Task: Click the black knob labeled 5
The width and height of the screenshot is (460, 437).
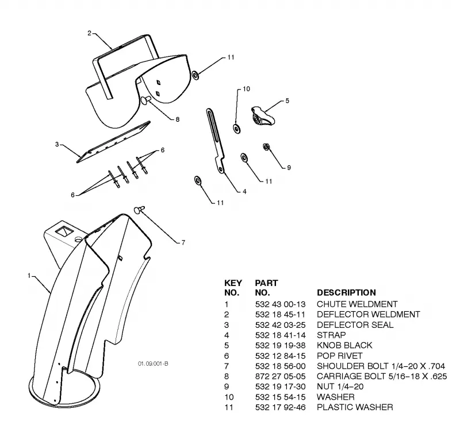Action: [263, 116]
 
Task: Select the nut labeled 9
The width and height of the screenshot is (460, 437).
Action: [266, 146]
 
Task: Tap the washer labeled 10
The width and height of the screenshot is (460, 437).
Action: [237, 129]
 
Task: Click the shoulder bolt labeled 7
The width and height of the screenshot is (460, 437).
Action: [139, 210]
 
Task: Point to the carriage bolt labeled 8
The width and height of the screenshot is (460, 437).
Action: [146, 99]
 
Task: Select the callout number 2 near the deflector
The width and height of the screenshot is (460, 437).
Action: [90, 33]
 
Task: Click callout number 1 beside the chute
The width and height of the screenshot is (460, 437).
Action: [29, 276]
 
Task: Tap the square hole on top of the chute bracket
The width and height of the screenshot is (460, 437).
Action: [64, 231]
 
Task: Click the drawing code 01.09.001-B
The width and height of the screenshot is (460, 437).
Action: [153, 363]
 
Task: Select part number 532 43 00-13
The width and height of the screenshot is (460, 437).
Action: [280, 304]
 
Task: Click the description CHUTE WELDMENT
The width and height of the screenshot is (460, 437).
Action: [357, 304]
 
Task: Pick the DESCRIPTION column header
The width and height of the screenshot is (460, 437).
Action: [346, 293]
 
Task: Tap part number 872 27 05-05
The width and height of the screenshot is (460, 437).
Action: [280, 376]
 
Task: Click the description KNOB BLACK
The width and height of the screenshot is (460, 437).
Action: [344, 345]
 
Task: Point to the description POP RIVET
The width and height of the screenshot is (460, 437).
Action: [339, 355]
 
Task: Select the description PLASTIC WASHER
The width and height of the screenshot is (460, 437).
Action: [355, 407]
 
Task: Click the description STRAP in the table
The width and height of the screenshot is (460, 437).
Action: [331, 335]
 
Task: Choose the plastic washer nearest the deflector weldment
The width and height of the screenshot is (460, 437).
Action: [195, 75]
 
